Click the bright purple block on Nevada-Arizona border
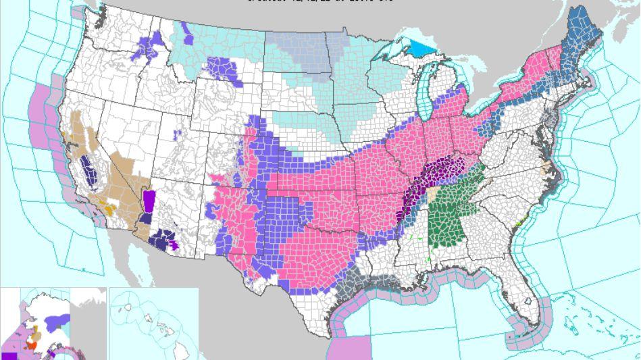click(149, 201)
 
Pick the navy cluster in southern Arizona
click(163, 239)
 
